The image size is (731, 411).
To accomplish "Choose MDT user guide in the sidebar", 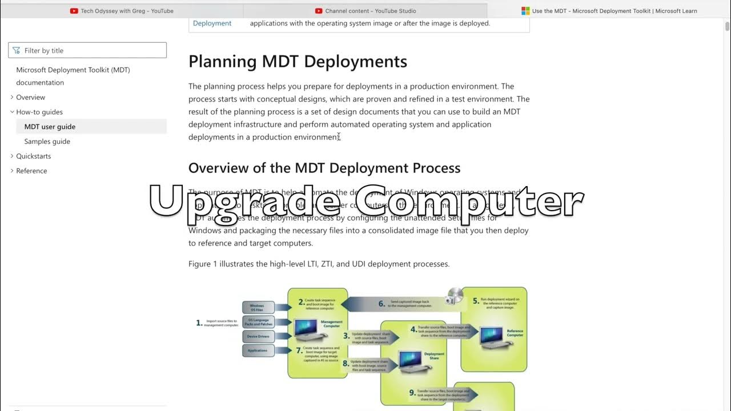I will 50,127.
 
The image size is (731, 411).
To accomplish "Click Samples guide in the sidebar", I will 47,142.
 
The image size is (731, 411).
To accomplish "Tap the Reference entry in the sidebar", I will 31,171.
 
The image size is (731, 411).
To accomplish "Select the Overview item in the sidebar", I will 30,98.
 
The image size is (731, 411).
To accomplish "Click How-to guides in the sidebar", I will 39,112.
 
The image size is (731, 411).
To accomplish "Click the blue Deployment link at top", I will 212,23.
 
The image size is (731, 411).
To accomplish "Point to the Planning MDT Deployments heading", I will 298,62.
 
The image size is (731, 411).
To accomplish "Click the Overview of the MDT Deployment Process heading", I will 324,168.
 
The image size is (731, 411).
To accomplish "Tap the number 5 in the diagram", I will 475,301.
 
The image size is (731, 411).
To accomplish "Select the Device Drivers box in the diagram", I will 258,337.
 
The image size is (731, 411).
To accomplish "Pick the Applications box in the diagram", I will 258,350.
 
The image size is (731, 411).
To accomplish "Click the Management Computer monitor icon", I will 307,329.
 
